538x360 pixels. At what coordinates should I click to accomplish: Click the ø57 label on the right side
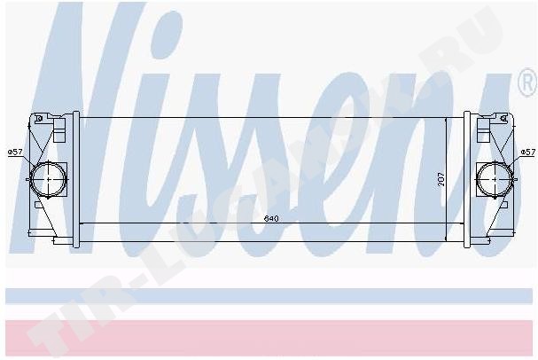(527, 152)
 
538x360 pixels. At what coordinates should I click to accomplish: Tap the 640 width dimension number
(271, 219)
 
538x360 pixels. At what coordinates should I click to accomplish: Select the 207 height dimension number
(441, 179)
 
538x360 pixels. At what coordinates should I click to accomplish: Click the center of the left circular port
(48, 179)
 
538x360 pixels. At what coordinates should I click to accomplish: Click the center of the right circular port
(495, 179)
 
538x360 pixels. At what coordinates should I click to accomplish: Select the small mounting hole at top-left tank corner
(39, 119)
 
